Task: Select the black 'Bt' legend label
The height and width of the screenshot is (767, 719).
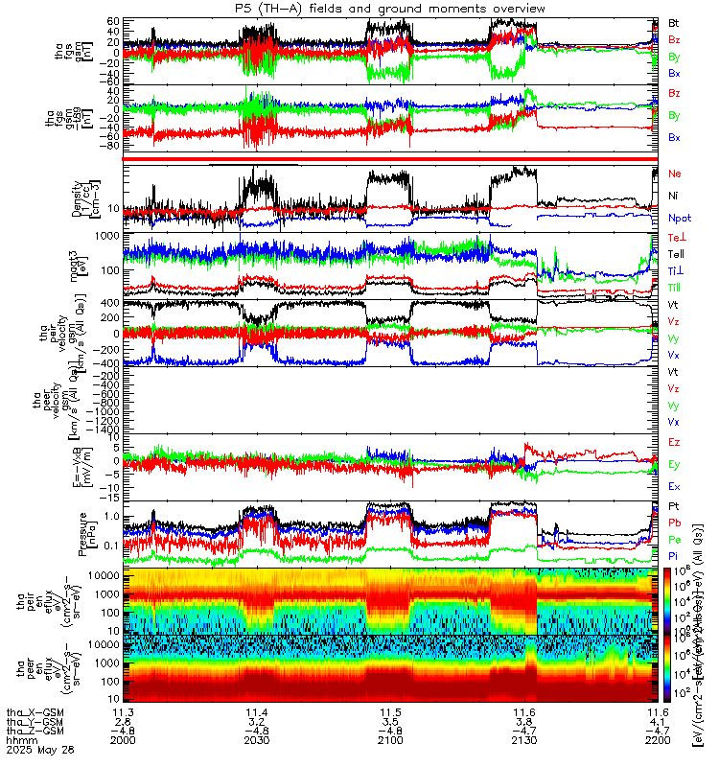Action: pos(674,22)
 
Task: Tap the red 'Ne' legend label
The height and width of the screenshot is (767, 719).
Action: pos(675,174)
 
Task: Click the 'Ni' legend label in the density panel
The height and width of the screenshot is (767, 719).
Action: pos(674,197)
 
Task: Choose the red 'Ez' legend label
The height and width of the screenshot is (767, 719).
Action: pos(674,442)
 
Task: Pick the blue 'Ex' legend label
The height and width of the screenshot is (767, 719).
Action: pos(674,487)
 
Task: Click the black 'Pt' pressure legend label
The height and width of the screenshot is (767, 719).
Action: pos(674,504)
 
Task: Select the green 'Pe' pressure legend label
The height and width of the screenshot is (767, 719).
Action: pos(674,540)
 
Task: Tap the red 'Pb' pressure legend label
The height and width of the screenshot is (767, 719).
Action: pos(674,523)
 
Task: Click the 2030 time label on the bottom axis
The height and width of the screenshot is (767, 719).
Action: pos(257,740)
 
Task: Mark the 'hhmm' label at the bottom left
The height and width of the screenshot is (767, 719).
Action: pos(18,740)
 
